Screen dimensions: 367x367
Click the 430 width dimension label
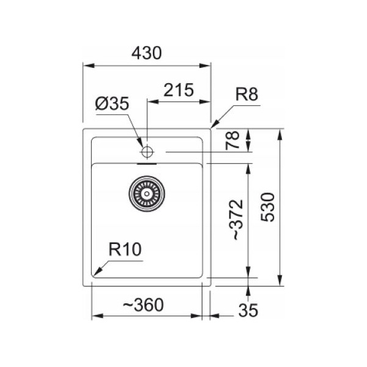[x=147, y=53]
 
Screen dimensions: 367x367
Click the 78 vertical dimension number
[x=234, y=140]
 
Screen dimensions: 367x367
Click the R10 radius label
[x=125, y=250]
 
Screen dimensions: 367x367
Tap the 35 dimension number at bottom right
[x=247, y=311]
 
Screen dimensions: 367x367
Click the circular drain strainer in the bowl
[x=146, y=193]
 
